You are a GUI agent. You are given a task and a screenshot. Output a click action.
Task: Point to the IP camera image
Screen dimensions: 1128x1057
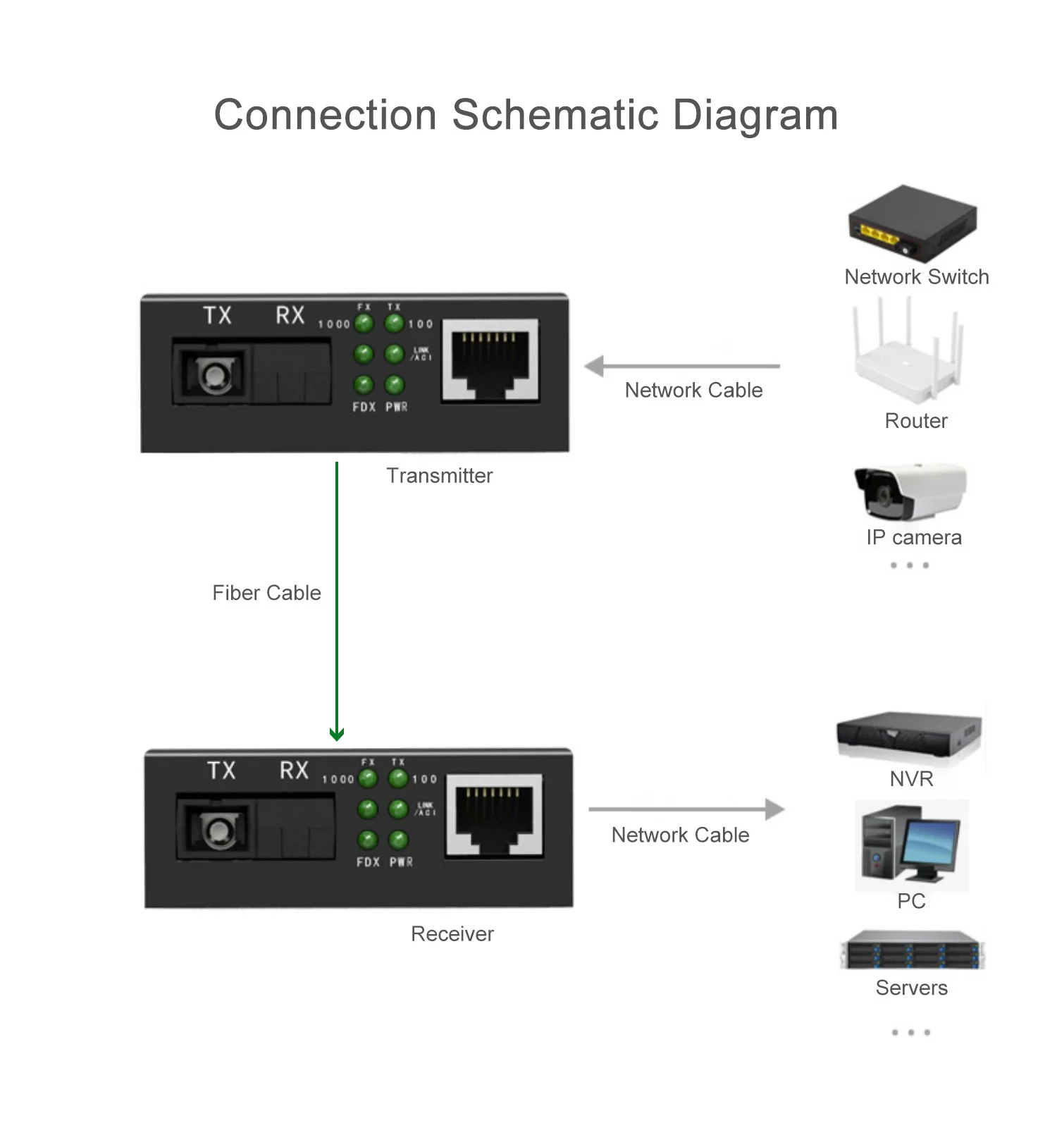click(x=910, y=491)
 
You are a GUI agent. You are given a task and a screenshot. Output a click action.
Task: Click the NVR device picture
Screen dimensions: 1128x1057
click(x=910, y=737)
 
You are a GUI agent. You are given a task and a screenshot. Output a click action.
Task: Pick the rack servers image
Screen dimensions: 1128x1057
click(x=912, y=950)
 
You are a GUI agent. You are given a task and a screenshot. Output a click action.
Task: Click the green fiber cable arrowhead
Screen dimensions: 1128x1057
click(x=337, y=735)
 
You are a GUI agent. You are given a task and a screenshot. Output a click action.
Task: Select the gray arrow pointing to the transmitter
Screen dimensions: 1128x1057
click(x=595, y=367)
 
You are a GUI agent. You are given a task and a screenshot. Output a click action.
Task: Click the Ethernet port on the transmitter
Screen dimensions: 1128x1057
click(x=490, y=361)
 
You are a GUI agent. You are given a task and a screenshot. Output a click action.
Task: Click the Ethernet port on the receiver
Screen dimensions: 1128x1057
click(x=495, y=816)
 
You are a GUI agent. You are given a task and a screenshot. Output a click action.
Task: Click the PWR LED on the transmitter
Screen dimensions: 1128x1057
click(x=395, y=385)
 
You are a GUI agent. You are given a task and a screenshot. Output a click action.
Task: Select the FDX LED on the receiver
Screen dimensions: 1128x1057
click(x=367, y=840)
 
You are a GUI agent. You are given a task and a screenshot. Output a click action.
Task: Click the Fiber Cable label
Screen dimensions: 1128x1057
click(x=266, y=593)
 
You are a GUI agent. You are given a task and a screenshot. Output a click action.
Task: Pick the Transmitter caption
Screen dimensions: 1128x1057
click(x=439, y=476)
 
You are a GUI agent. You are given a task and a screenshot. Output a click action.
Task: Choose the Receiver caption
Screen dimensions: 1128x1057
click(x=452, y=934)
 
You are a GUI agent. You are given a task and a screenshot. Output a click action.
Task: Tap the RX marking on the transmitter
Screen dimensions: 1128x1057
click(x=290, y=315)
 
